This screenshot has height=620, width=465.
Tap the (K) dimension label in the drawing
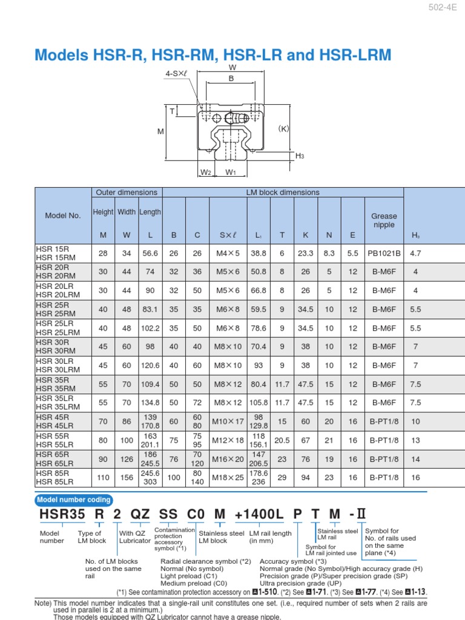pos(285,128)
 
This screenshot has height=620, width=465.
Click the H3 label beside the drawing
pos(300,156)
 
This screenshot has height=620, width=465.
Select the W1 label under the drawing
pos(231,173)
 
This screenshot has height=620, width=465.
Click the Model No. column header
pos(62,216)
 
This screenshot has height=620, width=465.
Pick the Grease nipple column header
pos(384,220)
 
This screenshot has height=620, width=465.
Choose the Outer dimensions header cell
pos(127,193)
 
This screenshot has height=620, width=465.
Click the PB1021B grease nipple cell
pos(384,254)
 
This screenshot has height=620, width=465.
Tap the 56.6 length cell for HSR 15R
pos(151,254)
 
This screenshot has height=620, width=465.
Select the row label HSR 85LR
pos(54,481)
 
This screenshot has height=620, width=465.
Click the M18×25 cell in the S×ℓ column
pos(226,478)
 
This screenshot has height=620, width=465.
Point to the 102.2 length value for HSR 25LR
pos(151,328)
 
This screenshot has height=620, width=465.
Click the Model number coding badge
pos(74,500)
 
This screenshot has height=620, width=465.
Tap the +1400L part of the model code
pos(259,515)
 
